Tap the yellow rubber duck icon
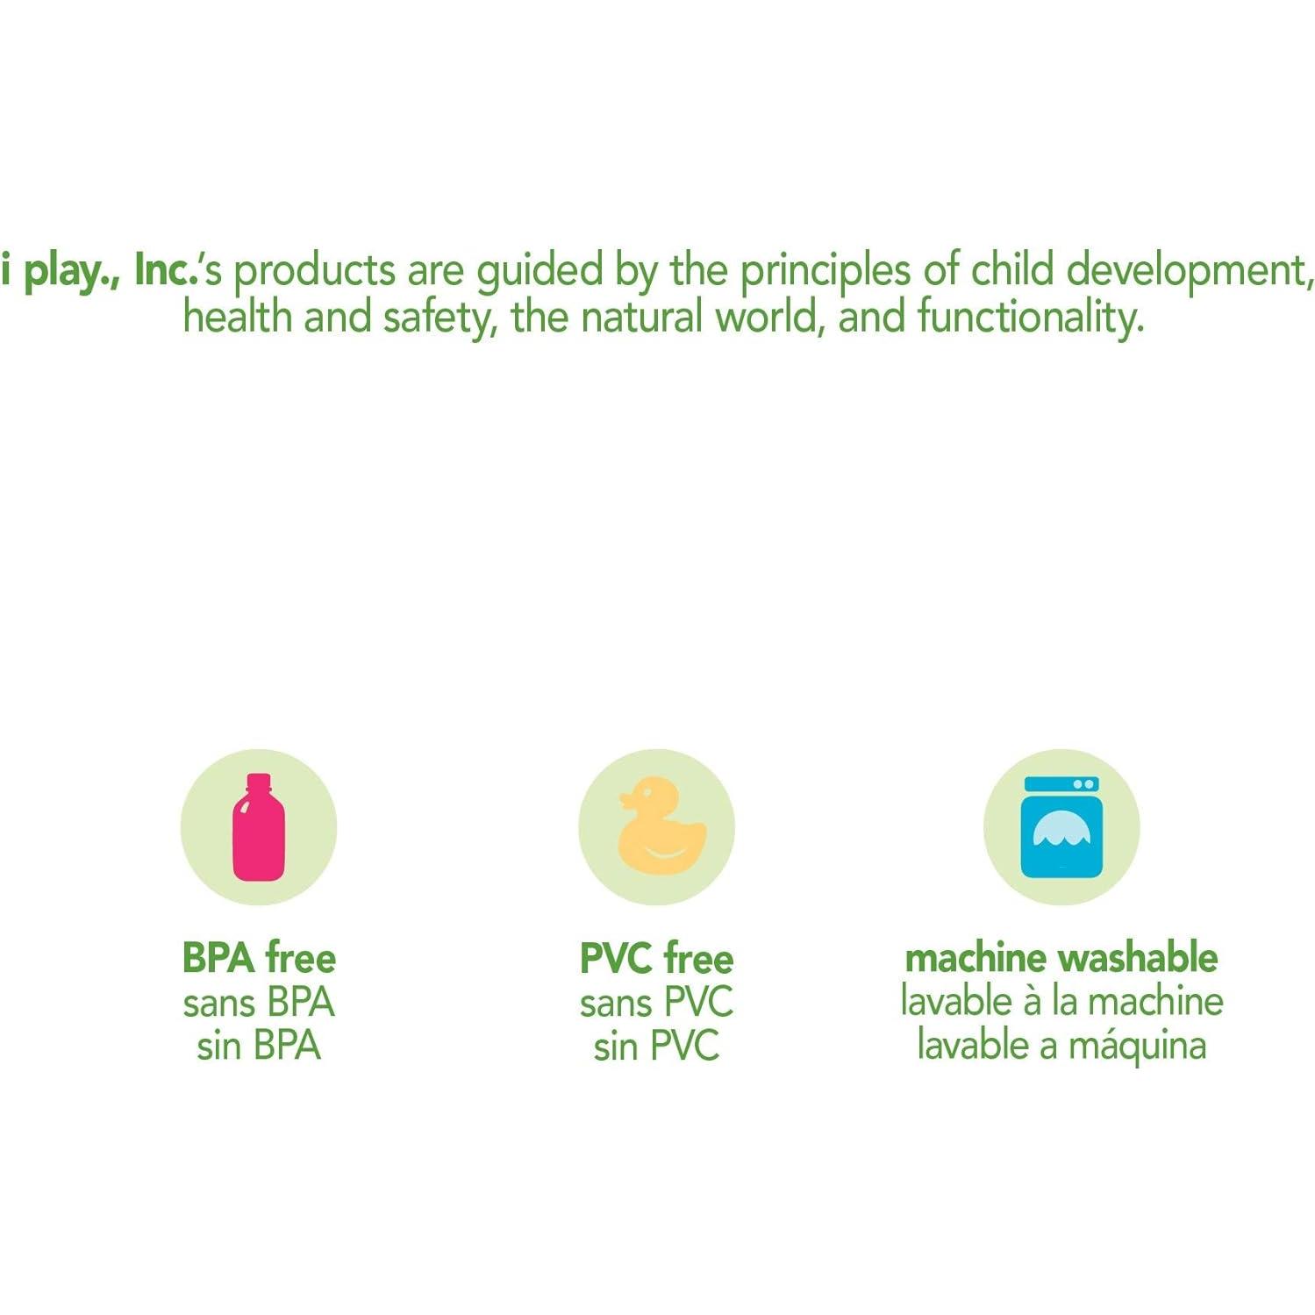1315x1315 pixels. click(x=661, y=825)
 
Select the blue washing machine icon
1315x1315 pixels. click(x=1061, y=826)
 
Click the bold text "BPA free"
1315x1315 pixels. click(x=259, y=957)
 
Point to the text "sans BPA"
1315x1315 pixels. click(x=259, y=1002)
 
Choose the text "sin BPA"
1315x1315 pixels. click(x=259, y=1045)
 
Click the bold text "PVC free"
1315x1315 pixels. click(x=656, y=957)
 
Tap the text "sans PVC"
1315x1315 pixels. click(x=656, y=1002)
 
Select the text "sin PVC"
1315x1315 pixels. click(x=656, y=1045)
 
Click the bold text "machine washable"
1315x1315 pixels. click(x=1061, y=957)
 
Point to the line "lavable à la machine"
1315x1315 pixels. click(x=1061, y=1001)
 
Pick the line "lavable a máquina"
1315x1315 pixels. click(x=1061, y=1046)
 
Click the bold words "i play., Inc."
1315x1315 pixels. click(x=98, y=271)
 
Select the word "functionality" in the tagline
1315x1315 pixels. click(x=1031, y=316)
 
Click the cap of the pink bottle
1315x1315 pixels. click(x=259, y=782)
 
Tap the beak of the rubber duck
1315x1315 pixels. click(x=626, y=799)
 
